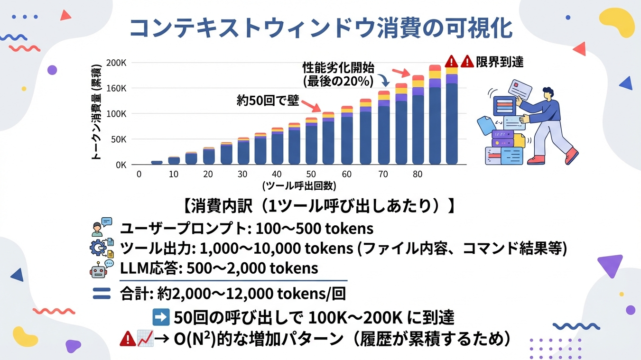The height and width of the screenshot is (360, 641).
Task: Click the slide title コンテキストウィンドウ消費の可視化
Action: [x=321, y=28]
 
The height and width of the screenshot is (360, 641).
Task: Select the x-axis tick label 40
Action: [x=277, y=174]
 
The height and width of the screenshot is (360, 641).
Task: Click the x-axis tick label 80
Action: [x=417, y=174]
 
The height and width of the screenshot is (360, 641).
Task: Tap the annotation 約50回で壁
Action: [x=268, y=101]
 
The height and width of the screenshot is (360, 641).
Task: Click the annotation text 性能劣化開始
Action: [x=339, y=67]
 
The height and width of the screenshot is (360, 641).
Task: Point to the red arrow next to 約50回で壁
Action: [x=311, y=106]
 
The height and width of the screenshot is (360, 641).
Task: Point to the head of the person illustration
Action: [x=548, y=94]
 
